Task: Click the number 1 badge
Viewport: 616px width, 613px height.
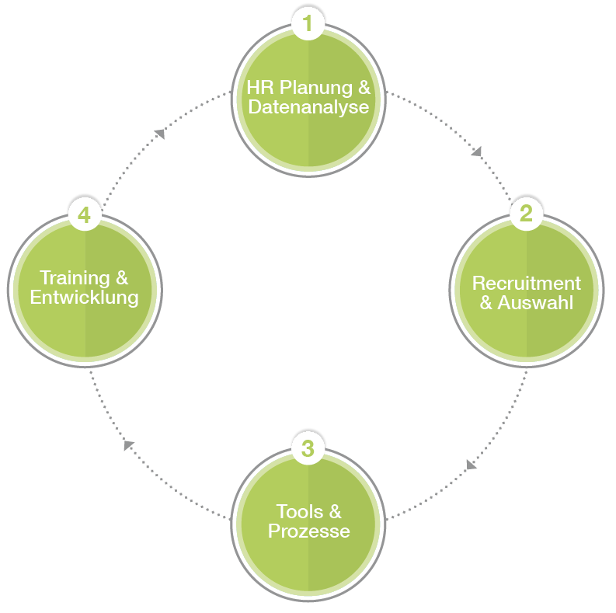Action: coord(308,23)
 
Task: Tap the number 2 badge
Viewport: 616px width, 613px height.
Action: coord(526,213)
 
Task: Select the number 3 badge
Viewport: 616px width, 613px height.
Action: coord(308,448)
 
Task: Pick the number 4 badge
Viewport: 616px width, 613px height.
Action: coord(84,214)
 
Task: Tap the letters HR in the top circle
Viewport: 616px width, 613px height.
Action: coord(257,86)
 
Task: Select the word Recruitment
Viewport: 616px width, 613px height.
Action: coord(526,283)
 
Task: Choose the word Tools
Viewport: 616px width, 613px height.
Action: coord(298,511)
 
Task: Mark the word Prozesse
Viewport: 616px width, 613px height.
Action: coord(308,531)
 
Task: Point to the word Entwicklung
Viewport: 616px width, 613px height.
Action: coord(84,297)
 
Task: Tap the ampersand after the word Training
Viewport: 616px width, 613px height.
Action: coord(122,277)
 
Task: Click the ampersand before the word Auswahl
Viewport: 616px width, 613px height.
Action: coord(486,302)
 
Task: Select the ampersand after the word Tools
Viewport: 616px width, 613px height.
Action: coord(334,511)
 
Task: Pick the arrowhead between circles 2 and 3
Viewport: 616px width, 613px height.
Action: coord(471,465)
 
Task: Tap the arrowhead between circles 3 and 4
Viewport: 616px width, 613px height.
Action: coord(129,445)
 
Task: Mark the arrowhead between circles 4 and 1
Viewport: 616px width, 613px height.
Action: coord(159,134)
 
